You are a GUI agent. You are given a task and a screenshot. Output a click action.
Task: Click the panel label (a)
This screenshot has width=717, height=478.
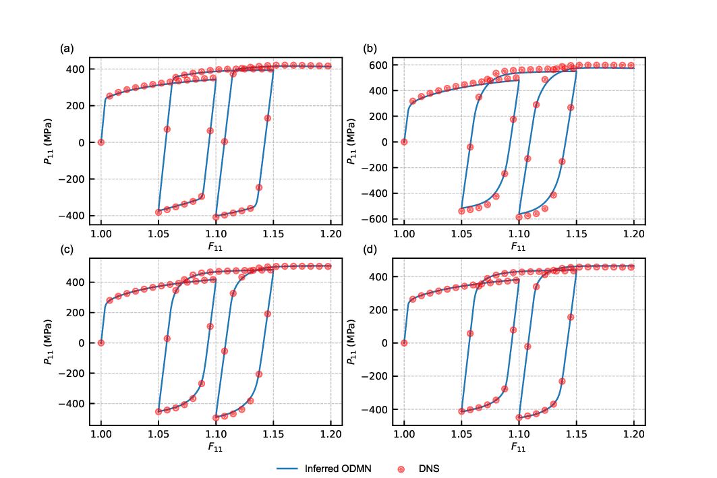click(66, 48)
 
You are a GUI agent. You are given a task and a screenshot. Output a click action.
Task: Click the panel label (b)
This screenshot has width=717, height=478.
click(370, 48)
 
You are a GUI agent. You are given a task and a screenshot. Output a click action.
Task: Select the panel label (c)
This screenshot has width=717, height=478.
click(66, 249)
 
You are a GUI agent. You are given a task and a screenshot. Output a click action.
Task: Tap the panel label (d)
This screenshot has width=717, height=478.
click(370, 249)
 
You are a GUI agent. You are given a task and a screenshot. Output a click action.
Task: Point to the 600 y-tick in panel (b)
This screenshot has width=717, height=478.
click(386, 65)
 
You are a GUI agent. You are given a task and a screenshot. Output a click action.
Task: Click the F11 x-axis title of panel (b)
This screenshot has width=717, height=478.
click(519, 247)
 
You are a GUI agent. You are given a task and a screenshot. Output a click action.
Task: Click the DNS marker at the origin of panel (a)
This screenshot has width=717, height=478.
click(101, 142)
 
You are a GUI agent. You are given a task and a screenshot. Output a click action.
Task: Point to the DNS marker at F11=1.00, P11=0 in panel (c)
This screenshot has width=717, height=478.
click(101, 342)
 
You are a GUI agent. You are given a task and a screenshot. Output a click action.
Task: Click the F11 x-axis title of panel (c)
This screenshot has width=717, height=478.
click(216, 447)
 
